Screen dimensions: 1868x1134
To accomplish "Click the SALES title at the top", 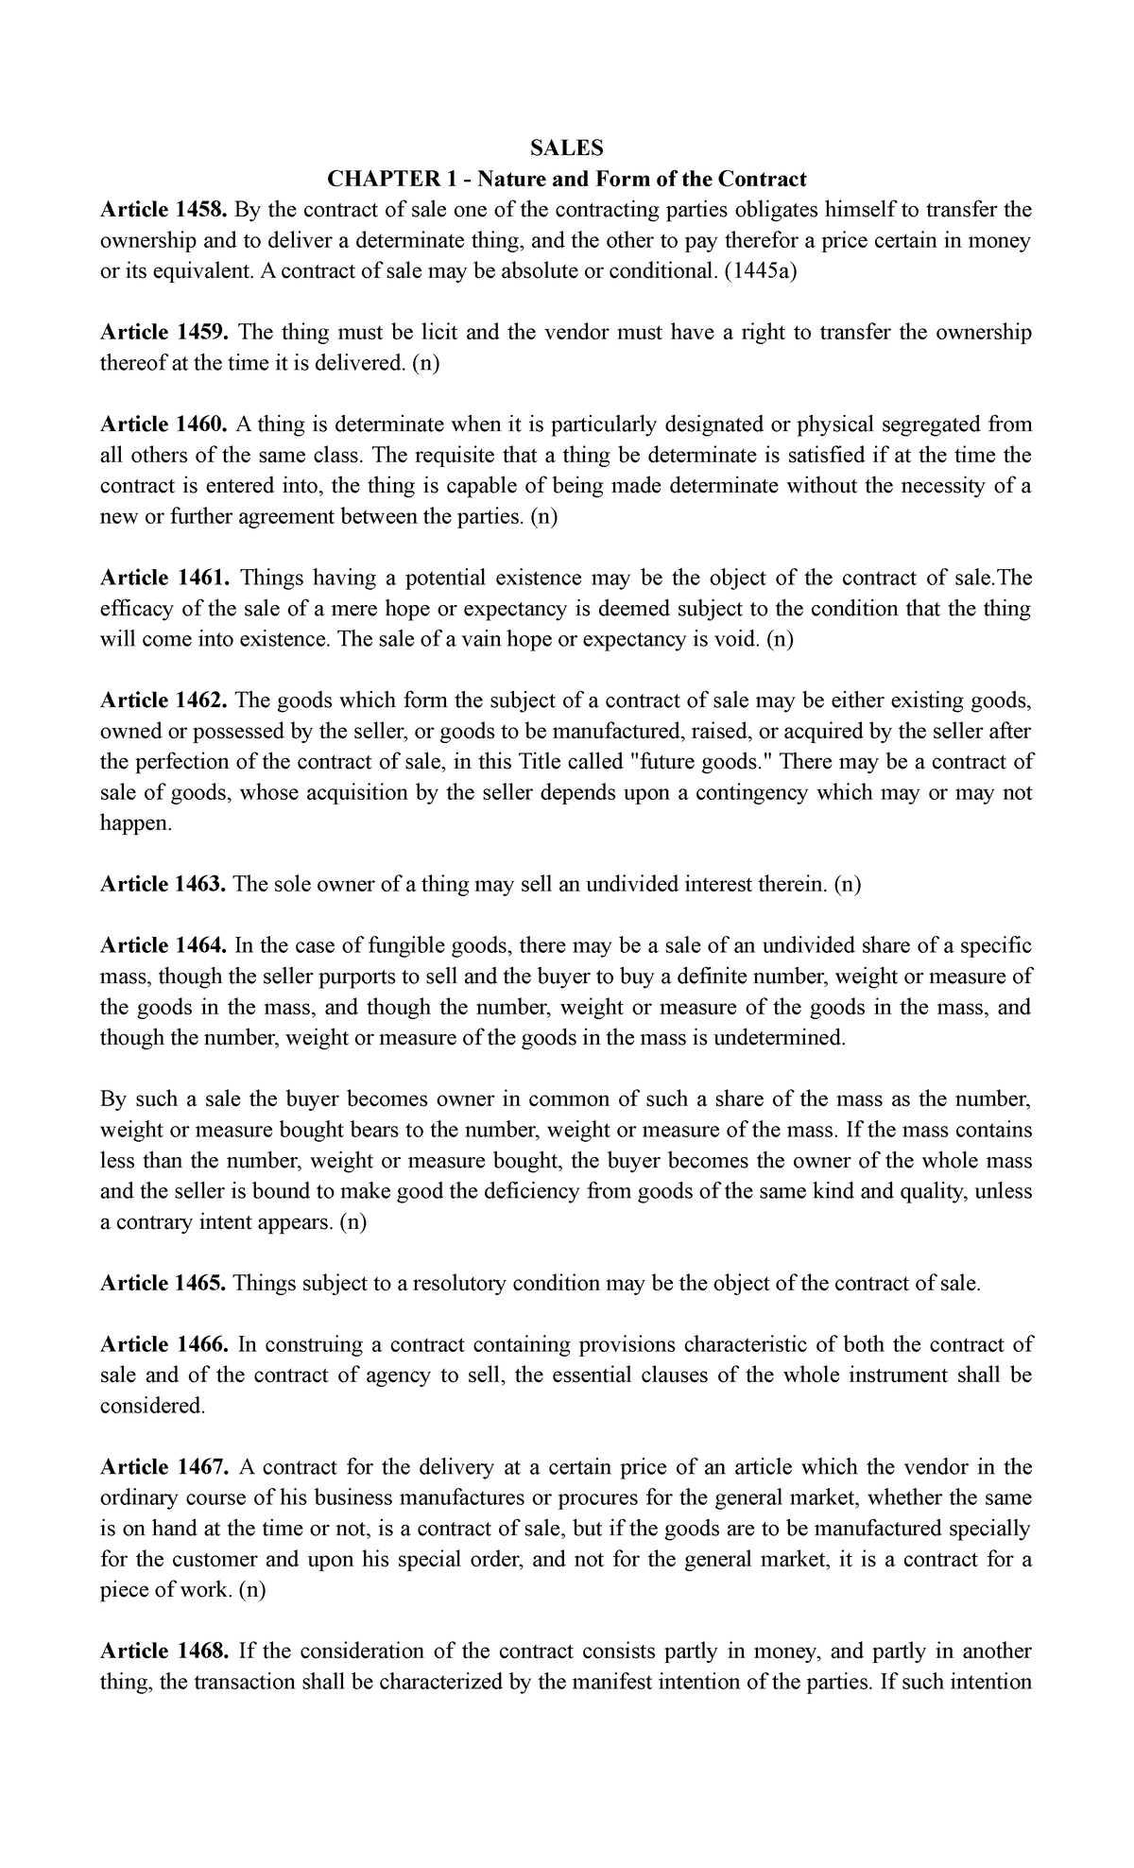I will (566, 147).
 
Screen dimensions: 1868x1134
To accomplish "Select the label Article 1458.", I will (163, 209).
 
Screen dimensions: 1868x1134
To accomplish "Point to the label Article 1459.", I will (163, 332).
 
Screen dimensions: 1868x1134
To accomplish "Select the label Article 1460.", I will (163, 424).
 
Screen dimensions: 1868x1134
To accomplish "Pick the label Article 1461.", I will (163, 578).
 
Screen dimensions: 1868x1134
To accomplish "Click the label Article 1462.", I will (163, 700).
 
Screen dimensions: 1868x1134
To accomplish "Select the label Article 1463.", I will (163, 884).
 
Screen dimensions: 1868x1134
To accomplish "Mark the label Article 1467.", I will (163, 1467).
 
